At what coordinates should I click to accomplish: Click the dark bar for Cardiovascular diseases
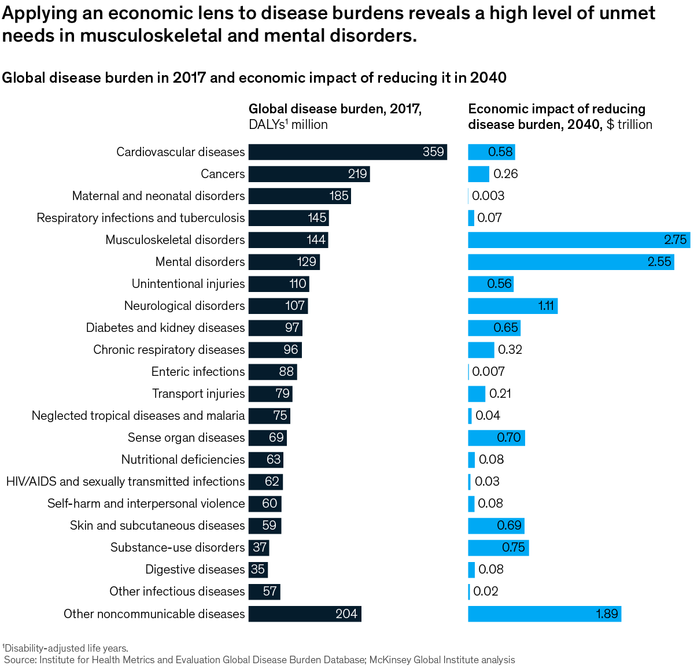[x=347, y=152]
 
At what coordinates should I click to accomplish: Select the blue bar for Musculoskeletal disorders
[x=578, y=240]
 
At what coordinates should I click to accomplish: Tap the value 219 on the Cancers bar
[x=357, y=174]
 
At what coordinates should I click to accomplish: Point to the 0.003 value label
[x=488, y=196]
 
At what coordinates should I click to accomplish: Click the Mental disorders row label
[x=200, y=262]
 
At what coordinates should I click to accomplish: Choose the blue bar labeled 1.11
[x=512, y=306]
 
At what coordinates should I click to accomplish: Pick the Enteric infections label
[x=198, y=372]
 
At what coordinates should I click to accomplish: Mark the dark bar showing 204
[x=305, y=614]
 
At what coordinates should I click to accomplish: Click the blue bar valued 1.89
[x=544, y=614]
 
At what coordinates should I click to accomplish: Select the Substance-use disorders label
[x=178, y=548]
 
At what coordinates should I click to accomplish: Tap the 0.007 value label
[x=488, y=372]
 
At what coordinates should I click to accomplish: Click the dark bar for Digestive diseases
[x=258, y=570]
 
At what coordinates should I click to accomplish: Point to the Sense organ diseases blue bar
[x=496, y=438]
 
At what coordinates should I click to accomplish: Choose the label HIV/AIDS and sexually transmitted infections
[x=125, y=482]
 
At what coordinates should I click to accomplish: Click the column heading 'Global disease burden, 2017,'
[x=335, y=109]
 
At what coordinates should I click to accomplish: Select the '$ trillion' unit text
[x=629, y=124]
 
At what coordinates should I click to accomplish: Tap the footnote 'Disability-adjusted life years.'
[x=65, y=648]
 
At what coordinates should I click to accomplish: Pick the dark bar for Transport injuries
[x=270, y=394]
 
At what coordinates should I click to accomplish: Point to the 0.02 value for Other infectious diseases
[x=486, y=592]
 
